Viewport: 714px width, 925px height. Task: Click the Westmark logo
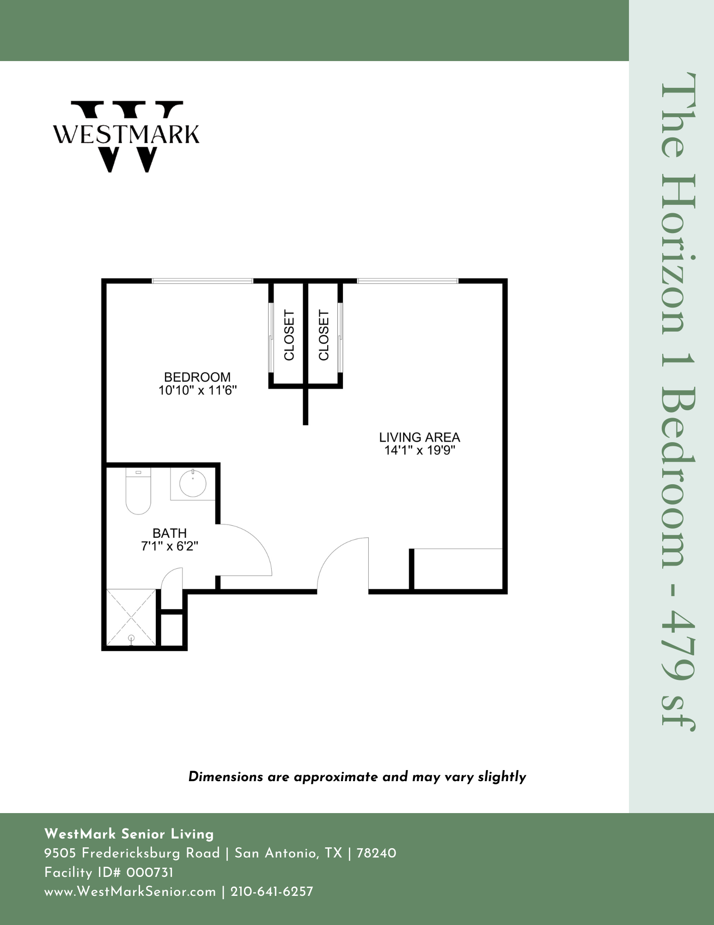coord(127,136)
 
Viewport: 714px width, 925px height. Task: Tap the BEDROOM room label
coord(197,377)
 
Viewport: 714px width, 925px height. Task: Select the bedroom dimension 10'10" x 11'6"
coord(198,390)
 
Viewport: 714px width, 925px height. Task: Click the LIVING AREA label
coord(420,437)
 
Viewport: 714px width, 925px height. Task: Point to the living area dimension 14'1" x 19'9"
coord(420,450)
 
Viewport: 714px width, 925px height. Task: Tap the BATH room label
coord(170,533)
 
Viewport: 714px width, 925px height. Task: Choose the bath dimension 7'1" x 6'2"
coord(170,546)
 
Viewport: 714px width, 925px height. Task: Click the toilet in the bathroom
coord(138,491)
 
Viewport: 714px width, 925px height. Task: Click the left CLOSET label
coord(289,335)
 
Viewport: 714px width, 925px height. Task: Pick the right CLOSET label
coord(324,335)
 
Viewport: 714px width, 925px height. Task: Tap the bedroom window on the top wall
coord(202,281)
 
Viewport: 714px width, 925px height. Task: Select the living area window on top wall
coord(408,281)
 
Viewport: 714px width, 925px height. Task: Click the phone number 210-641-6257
coord(272,891)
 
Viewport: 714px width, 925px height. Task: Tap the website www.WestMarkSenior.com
coord(130,891)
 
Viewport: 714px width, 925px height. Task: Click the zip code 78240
coord(377,853)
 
